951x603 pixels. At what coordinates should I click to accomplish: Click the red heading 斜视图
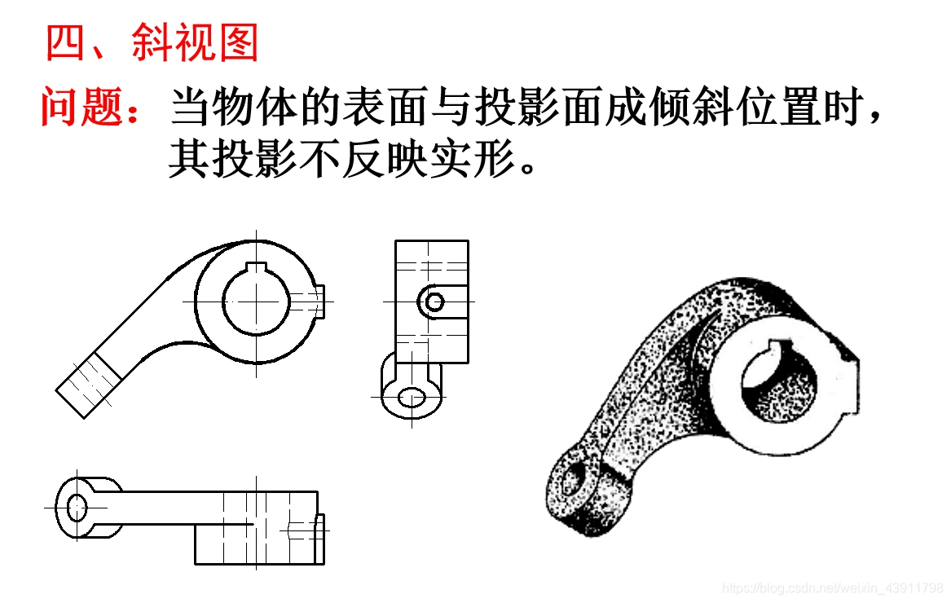[196, 42]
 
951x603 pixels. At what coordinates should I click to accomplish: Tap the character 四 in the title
[65, 42]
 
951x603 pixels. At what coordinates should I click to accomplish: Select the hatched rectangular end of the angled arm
[89, 385]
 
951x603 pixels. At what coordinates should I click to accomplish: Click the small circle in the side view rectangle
[435, 301]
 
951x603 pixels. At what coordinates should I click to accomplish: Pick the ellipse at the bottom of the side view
[412, 398]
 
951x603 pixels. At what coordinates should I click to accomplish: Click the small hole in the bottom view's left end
[77, 507]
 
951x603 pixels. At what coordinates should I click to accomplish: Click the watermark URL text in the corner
[832, 588]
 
